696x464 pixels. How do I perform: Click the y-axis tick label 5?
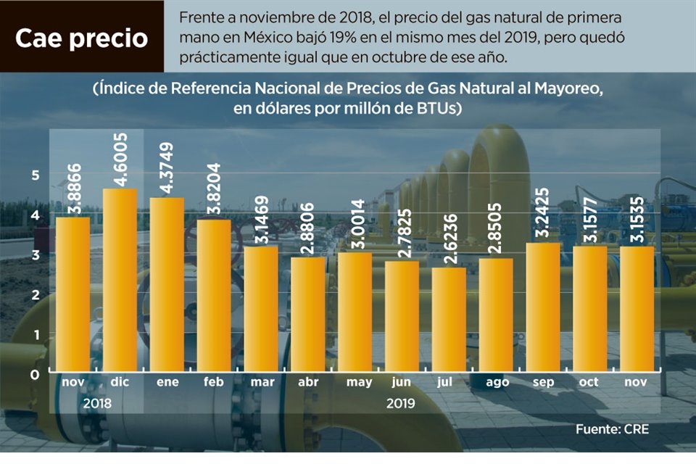34,174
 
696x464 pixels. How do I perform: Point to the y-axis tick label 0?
34,374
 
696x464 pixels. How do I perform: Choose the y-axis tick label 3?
34,254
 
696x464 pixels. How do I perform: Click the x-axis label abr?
307,382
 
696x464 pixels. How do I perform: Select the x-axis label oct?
589,382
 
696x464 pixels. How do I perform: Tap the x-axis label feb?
213,382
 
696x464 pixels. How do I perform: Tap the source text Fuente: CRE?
613,429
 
